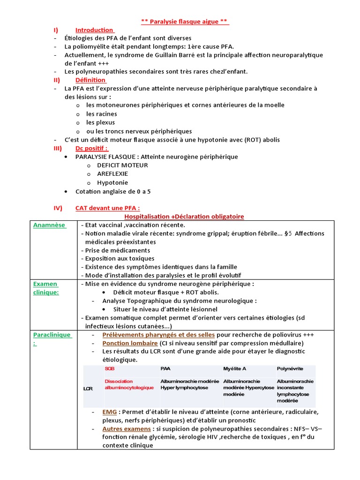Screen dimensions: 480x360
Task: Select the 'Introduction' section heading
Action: click(x=94, y=30)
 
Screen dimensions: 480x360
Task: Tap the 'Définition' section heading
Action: click(x=90, y=80)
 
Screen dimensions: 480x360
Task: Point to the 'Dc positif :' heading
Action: click(x=91, y=149)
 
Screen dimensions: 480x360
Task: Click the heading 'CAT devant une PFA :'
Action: click(x=107, y=208)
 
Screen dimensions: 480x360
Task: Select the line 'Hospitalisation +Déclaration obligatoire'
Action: click(x=184, y=216)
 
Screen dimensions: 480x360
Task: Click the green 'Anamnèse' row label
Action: click(x=49, y=225)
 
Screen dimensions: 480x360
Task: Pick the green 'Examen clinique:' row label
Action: click(x=45, y=288)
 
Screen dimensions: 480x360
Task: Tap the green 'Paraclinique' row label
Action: click(x=52, y=335)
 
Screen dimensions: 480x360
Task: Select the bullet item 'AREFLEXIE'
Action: click(x=112, y=174)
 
